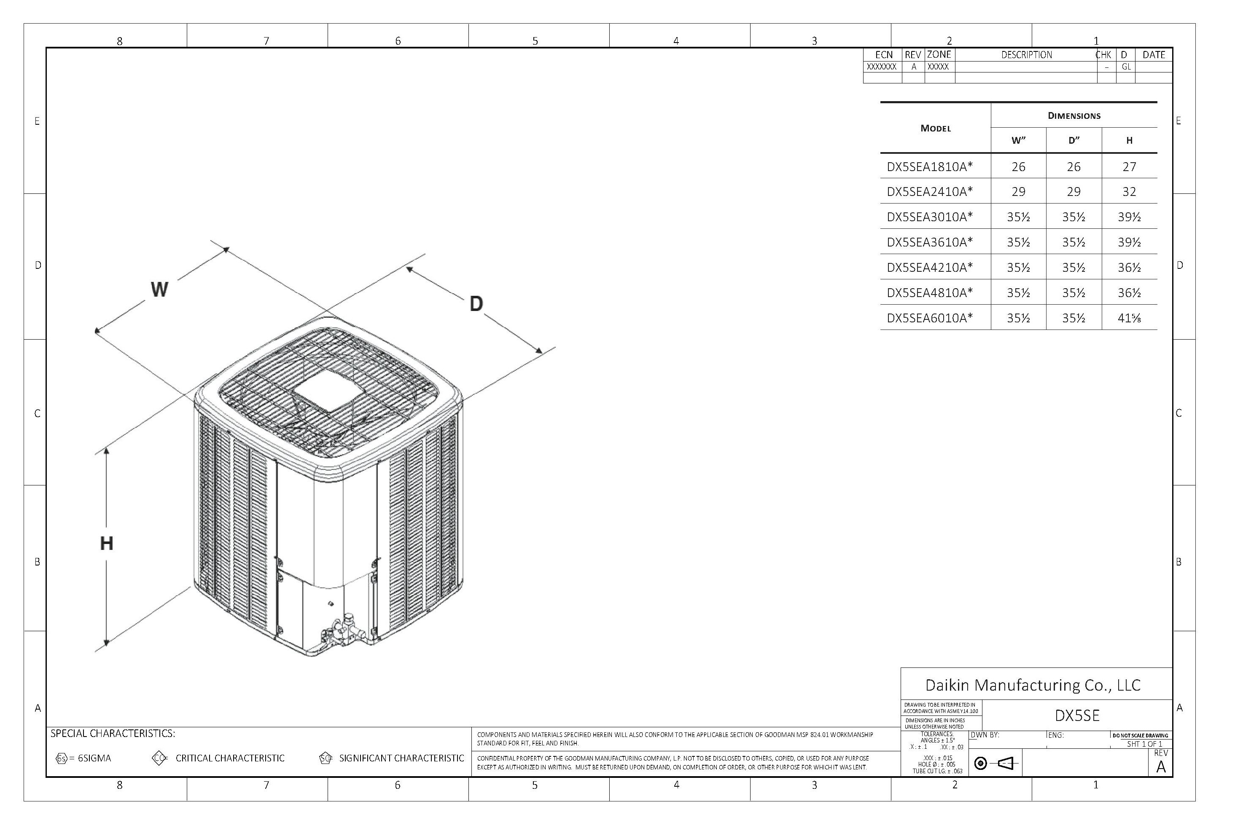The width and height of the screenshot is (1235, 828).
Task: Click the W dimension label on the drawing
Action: [159, 289]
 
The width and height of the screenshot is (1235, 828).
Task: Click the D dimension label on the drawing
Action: [476, 304]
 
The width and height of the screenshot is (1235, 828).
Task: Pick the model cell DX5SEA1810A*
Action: [930, 167]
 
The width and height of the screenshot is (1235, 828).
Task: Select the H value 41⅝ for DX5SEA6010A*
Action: [1129, 318]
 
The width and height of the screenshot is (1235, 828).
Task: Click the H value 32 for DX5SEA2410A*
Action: [1129, 192]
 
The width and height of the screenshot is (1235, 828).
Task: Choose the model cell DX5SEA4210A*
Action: [930, 268]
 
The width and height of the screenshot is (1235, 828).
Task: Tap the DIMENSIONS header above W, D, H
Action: [1074, 115]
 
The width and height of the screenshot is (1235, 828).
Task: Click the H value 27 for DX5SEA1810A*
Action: [1129, 167]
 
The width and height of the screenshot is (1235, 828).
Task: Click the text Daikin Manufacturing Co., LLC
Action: [1033, 685]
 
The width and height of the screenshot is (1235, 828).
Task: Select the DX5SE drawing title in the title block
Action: [1077, 715]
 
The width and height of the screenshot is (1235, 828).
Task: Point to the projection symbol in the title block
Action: [996, 763]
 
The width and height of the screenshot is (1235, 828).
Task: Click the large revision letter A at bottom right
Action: [1160, 767]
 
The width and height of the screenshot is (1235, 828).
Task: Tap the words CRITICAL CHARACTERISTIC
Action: [230, 758]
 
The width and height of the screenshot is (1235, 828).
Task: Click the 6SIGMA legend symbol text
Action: [94, 758]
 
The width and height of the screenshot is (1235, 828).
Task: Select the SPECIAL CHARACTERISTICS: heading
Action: [113, 734]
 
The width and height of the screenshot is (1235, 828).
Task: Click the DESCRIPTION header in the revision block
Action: [1026, 55]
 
